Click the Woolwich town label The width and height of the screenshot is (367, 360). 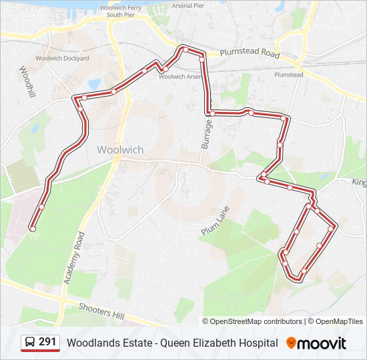pyautogui.click(x=120, y=149)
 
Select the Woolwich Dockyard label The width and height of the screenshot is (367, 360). pyautogui.click(x=62, y=59)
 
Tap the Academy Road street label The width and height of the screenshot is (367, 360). pyautogui.click(x=74, y=259)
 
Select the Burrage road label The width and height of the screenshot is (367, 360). pyautogui.click(x=206, y=133)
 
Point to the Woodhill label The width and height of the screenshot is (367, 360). pyautogui.click(x=27, y=82)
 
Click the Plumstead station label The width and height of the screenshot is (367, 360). pyautogui.click(x=288, y=75)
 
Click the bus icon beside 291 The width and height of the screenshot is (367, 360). pyautogui.click(x=29, y=343)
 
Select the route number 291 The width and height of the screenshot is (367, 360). pyautogui.click(x=47, y=342)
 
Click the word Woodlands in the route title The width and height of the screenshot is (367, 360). pyautogui.click(x=91, y=343)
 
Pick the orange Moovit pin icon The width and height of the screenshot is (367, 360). pyautogui.click(x=291, y=343)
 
